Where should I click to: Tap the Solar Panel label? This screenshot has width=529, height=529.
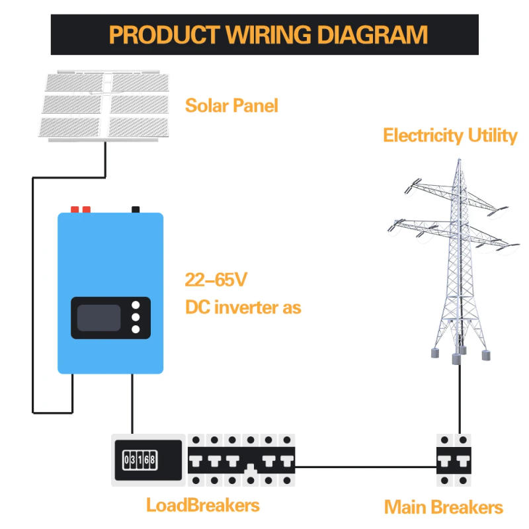point(231,106)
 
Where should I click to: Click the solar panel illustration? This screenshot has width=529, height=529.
point(106,106)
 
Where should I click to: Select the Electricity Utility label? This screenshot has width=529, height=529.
point(450,136)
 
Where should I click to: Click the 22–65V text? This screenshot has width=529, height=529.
point(216,280)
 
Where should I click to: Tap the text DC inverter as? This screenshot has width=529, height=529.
point(243,307)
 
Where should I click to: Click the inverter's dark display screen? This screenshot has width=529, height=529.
point(99,318)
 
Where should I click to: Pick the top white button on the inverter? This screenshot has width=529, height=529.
point(136,306)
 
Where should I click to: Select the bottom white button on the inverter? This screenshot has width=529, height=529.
point(136,329)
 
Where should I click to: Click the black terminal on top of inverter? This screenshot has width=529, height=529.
point(136,210)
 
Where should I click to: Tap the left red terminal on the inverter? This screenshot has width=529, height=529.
point(74,210)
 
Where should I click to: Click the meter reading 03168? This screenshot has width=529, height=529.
point(140,458)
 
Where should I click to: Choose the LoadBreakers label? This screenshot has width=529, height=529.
point(203,506)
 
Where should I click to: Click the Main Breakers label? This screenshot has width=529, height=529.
point(444,508)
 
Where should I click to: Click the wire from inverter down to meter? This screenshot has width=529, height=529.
point(133,403)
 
